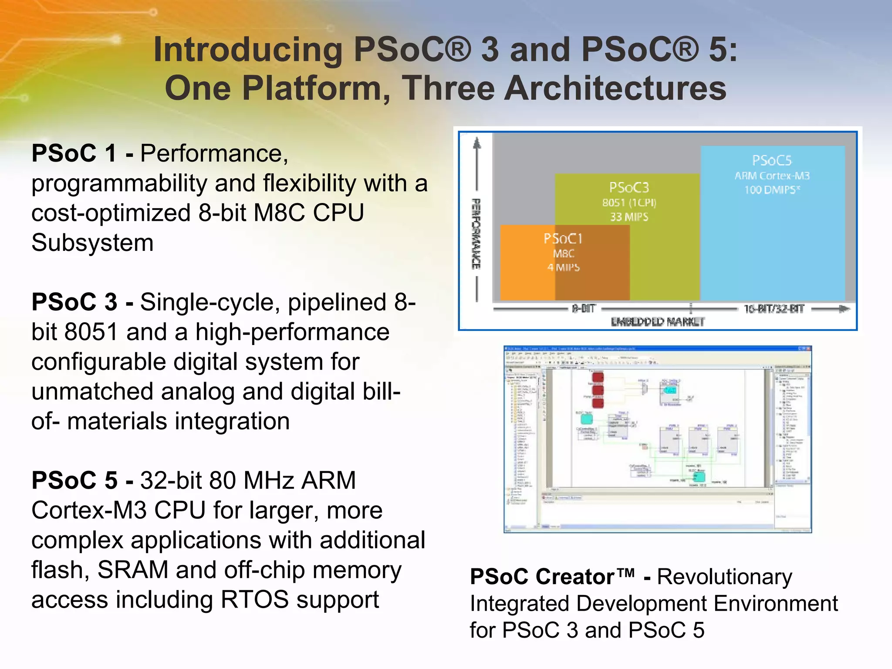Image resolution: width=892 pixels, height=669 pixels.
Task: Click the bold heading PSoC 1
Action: point(74,153)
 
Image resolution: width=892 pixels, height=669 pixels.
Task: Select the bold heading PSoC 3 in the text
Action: point(74,302)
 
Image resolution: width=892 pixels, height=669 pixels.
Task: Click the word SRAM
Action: point(133,570)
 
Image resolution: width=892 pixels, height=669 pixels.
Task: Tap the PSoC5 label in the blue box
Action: point(771,160)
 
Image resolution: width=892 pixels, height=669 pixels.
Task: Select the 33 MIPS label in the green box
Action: point(629,217)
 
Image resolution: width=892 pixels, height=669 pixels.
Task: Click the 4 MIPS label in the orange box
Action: point(563,267)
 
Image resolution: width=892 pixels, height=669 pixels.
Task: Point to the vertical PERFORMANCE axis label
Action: point(476,233)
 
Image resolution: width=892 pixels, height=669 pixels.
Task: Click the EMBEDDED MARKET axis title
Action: point(657,322)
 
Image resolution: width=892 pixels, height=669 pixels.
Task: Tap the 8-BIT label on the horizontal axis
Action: point(584,309)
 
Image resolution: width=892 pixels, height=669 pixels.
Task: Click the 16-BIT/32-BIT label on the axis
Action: point(774,309)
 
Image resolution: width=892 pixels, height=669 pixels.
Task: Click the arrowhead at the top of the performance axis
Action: point(477,143)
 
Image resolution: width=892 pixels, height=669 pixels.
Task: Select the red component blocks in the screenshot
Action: point(598,389)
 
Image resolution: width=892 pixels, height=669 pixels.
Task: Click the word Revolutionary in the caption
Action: point(724,577)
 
